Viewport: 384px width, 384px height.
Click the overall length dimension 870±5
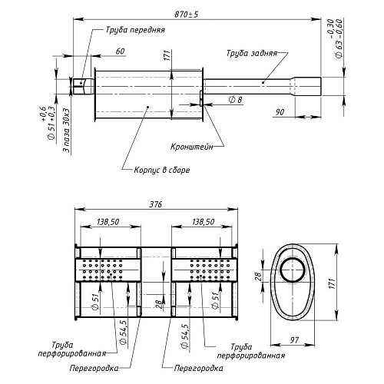point(187,15)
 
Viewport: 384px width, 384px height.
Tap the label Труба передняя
point(135,30)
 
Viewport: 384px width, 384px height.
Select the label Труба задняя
point(252,53)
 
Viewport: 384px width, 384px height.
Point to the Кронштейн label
point(192,147)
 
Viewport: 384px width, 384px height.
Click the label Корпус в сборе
point(162,170)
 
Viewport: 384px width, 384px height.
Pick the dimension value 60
point(120,51)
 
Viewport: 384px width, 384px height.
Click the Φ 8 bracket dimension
point(235,100)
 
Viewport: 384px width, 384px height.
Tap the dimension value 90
point(280,112)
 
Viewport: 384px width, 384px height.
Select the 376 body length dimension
point(156,204)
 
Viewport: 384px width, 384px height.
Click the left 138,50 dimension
point(108,222)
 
